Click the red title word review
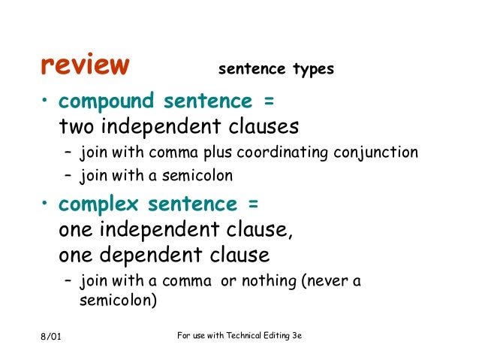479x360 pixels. coord(84,66)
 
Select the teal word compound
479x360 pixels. coord(107,101)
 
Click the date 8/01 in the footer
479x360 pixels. coord(51,335)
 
